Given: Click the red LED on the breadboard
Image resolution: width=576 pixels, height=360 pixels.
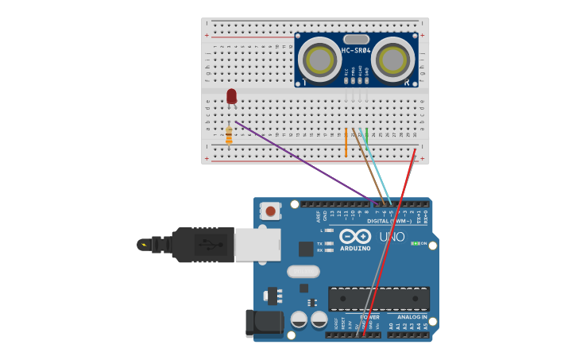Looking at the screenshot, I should point(231,96).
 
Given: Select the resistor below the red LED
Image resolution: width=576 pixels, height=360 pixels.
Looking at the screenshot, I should point(229,137).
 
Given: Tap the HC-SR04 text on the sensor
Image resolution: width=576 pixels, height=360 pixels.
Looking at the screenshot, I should point(356,51).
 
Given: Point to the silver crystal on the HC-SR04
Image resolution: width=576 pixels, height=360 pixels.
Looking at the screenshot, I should point(357,39).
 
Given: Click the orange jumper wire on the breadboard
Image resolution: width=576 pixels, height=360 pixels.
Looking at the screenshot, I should point(346,142).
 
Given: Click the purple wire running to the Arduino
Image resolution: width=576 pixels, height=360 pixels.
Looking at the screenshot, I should point(302,159).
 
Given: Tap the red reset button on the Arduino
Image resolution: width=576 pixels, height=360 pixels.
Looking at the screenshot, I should point(271,211).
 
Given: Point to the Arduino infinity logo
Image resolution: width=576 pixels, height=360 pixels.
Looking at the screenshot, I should point(355,236).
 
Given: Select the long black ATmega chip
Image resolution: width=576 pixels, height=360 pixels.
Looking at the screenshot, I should point(379,299).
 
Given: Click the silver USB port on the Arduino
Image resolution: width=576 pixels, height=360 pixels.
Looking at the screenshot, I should point(257,245).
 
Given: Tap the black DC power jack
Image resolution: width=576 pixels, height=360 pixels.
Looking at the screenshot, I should point(265,323).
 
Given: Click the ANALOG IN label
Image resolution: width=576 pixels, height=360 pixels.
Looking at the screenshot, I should point(412,317).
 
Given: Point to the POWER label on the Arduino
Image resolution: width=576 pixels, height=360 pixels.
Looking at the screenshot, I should point(370,317).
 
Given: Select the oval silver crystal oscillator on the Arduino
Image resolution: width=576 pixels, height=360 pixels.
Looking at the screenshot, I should point(303,271).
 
